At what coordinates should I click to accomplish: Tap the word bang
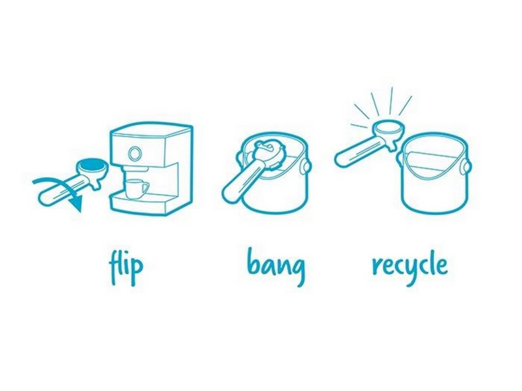tap(276, 266)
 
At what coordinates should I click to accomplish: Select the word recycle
tap(410, 265)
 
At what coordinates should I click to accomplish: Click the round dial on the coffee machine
tap(135, 153)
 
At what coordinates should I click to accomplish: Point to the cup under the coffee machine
tap(136, 189)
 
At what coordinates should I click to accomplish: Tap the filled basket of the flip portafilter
tap(92, 164)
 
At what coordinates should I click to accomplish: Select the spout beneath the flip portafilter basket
tap(97, 184)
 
